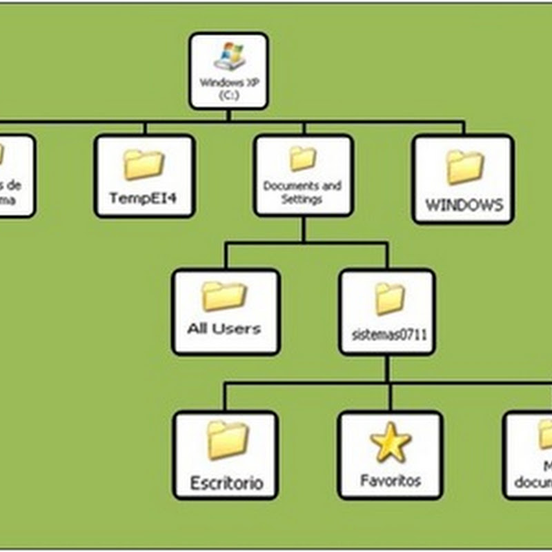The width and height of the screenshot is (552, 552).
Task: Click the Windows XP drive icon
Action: pos(228,57)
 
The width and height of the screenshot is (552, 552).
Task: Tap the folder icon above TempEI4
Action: pos(144,165)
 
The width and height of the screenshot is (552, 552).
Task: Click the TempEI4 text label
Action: pos(144,199)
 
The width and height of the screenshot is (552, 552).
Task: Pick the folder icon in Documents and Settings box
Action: pos(302,159)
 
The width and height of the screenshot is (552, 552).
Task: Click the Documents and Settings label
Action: pos(302,193)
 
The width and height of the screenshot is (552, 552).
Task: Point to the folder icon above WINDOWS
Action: pos(464,168)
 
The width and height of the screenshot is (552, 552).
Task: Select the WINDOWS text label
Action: pos(464,205)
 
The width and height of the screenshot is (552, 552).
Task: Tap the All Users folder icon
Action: pos(224,296)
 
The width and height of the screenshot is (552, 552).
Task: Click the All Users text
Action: pos(224,329)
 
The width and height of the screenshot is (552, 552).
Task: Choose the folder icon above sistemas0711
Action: pos(389,298)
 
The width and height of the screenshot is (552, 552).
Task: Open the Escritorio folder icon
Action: pos(227,441)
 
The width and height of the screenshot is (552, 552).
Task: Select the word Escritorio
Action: pos(227,482)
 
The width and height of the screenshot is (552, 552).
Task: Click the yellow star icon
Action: pos(391,443)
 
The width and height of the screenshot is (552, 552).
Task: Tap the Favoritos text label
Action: pos(391,480)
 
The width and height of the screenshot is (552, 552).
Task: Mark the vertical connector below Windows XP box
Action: pos(228,116)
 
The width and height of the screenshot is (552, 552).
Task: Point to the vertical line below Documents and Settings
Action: pos(303,229)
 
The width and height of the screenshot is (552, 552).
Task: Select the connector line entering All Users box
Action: pos(224,257)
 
